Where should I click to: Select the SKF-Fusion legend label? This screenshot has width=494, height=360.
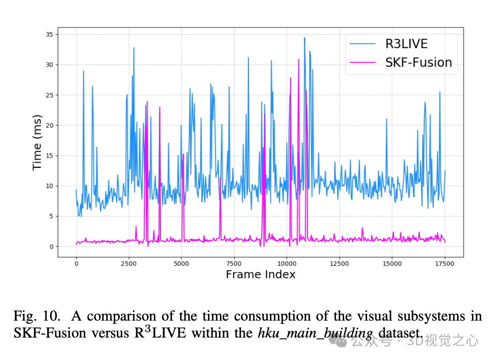(418, 62)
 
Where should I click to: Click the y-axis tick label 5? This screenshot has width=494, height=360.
(49, 216)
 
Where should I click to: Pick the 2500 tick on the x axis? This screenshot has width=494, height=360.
(129, 263)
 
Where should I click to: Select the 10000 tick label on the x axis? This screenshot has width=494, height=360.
(287, 263)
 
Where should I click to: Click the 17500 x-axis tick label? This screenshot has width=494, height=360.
(445, 263)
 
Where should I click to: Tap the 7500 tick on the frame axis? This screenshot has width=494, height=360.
(234, 263)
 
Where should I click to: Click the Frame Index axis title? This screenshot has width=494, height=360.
(260, 275)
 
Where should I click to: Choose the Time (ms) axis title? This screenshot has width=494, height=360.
(37, 143)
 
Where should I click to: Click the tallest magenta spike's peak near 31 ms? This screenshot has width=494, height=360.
(299, 59)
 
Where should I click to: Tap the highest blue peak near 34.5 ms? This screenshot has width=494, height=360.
(304, 38)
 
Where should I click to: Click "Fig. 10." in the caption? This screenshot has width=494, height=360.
(37, 316)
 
